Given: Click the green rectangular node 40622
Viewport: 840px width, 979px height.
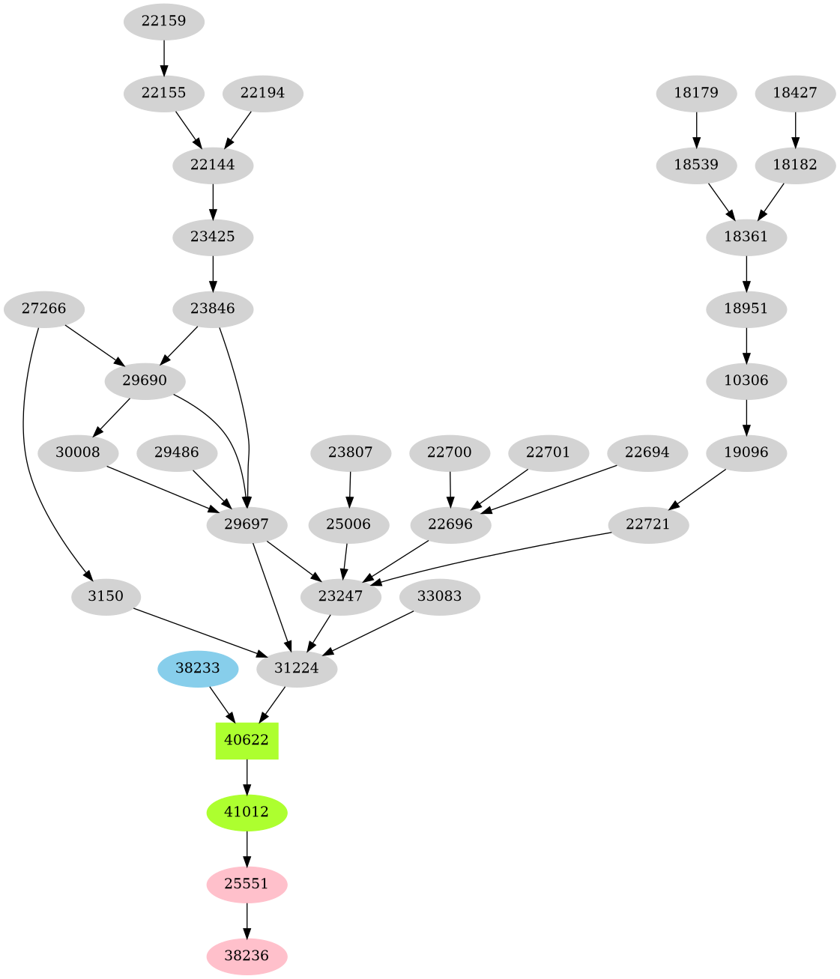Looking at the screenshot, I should coord(247,740).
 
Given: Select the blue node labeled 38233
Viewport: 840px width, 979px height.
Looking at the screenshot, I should coord(198,668).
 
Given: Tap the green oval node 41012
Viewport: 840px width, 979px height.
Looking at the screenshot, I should coord(247,812).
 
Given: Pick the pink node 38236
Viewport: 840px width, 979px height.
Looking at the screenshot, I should coord(247,956).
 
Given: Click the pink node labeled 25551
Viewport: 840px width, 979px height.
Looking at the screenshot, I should coord(247,884).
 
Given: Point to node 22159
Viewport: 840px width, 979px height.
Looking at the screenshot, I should coord(163,21).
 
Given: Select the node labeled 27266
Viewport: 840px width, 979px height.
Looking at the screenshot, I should coord(43,309).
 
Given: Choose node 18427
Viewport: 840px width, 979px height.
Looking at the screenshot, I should coord(795,94).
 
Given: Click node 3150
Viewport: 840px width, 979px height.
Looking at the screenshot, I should coord(106,597).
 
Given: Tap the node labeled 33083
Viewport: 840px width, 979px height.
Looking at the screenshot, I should coord(440,597).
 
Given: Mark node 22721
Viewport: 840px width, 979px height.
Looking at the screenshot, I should coord(647,525).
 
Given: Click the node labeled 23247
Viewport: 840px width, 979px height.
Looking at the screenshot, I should coord(341,597).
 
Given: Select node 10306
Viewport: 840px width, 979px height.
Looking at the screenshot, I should coord(746,381).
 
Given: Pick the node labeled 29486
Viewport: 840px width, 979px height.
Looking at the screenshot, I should coord(177,452).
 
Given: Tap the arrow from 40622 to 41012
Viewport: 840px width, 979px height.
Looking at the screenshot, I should coord(247,776).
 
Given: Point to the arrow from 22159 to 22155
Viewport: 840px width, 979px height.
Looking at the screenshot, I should coord(163,57).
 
